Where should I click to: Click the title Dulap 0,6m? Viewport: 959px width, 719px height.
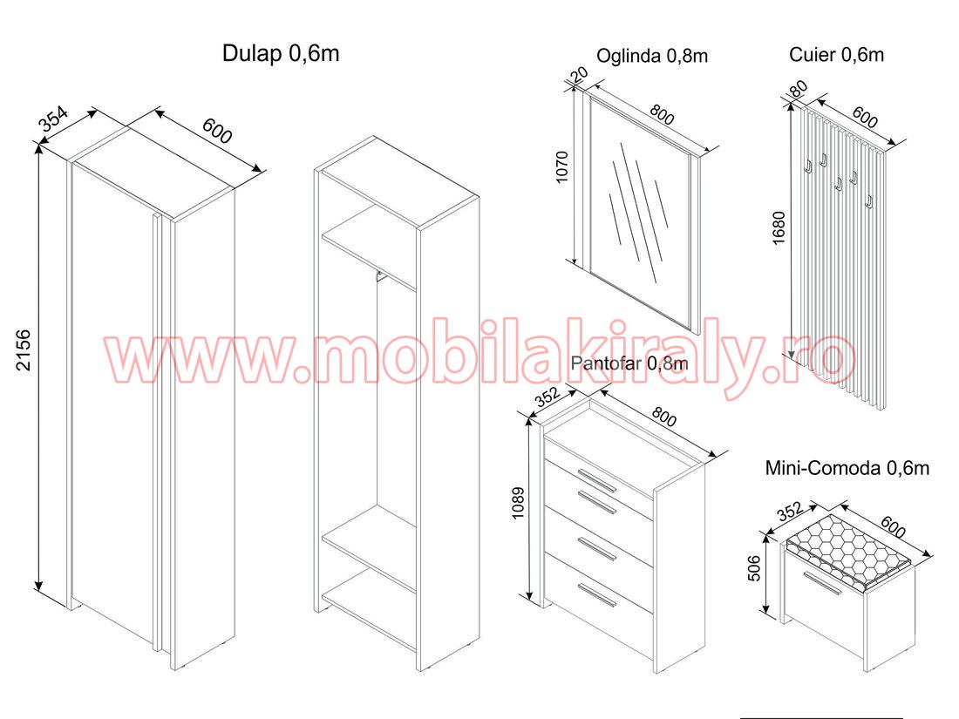coord(280,53)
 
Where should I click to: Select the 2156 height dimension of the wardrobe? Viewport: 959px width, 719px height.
coord(23,349)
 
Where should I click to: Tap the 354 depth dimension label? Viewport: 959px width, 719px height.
coord(54,119)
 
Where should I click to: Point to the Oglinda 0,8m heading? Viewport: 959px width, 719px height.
coord(652,57)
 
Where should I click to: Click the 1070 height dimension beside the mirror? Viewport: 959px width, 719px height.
coord(562,166)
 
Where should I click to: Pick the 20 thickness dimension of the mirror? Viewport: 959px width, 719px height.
coord(579,75)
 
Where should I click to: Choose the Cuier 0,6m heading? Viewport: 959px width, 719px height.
coord(836,54)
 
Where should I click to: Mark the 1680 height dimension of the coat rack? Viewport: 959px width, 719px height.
coord(779,228)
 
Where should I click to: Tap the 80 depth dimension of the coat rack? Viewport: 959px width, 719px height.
coord(798,89)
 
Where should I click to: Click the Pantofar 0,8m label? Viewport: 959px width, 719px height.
coord(629,363)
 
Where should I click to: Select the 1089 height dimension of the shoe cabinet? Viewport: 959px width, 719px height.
coord(518,503)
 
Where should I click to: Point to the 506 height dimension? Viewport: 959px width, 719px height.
coord(754,567)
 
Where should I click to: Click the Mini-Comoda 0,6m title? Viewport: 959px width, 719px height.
coord(847,468)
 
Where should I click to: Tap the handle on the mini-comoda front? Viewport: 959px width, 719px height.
coord(823,583)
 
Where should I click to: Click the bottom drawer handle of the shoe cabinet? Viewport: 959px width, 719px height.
coord(597,595)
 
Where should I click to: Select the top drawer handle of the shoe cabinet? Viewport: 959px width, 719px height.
coord(597,480)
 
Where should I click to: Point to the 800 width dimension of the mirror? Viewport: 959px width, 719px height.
coord(662,114)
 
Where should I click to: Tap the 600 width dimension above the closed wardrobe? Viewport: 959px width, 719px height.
coord(217,130)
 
